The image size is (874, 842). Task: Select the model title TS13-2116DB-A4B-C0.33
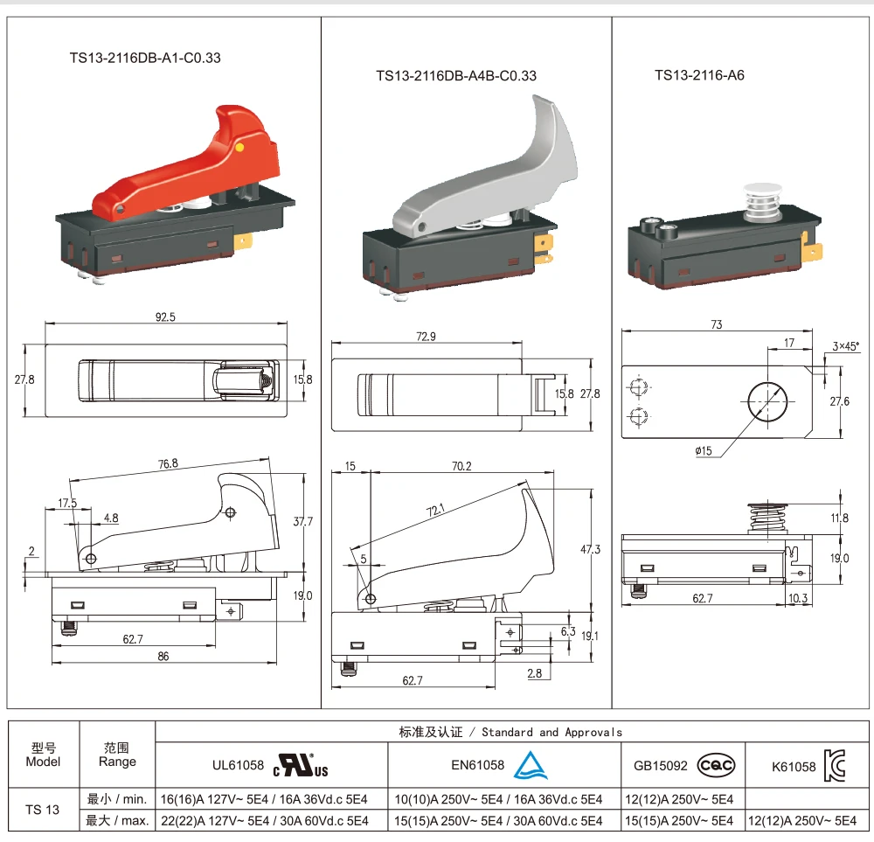point(456,76)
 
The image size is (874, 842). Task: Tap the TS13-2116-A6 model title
point(699,75)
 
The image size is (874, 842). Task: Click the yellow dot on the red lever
point(239,149)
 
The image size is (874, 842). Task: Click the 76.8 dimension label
point(169,464)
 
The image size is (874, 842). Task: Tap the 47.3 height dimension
point(591,550)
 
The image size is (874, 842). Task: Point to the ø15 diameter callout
point(704,451)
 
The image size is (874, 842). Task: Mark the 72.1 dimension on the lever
point(436,510)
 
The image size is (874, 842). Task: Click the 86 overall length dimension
point(163,656)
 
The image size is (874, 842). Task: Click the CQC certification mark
point(716,766)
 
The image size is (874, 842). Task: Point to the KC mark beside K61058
point(835,766)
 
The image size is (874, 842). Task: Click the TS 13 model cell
point(43,810)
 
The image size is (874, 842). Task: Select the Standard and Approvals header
point(510,732)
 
